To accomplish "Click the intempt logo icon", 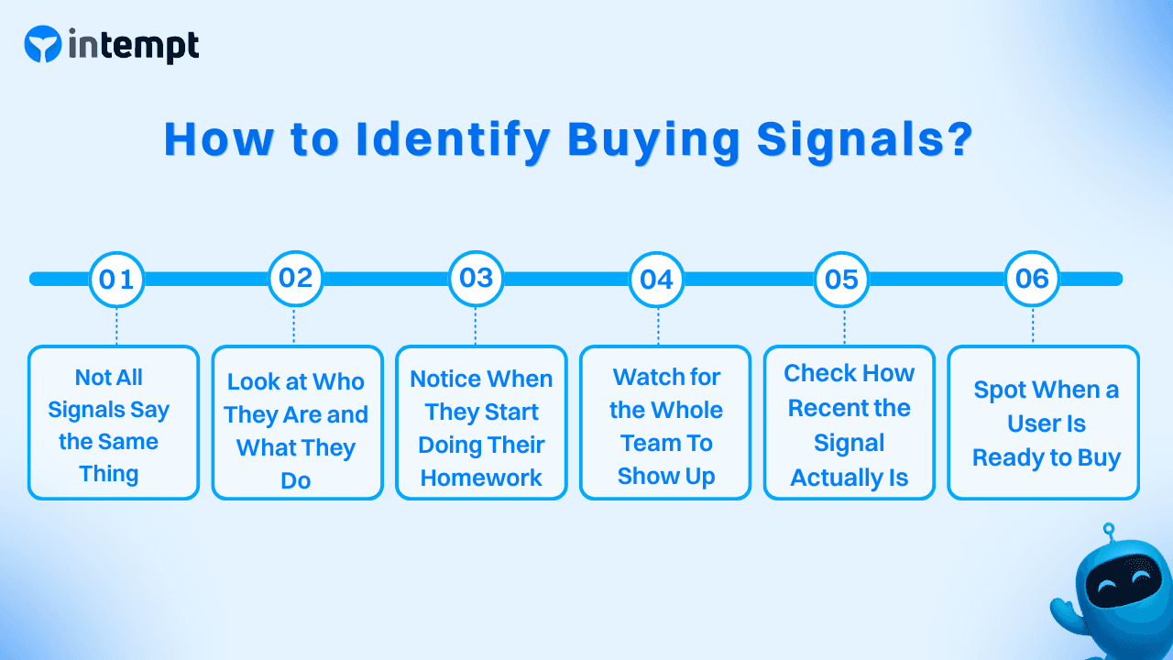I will (43, 44).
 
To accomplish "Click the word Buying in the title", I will (652, 140).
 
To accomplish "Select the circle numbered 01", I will (116, 279).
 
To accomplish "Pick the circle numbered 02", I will (295, 278).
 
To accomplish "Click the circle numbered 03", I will (476, 278).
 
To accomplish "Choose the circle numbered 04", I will (656, 279).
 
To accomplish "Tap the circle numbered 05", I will (841, 279).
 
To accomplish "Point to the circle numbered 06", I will (1032, 278).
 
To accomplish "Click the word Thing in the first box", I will (109, 474).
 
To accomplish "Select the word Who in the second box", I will (338, 382).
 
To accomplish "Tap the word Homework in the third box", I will (481, 478).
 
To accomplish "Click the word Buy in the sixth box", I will (1099, 457).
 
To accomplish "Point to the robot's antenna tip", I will (1108, 529).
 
